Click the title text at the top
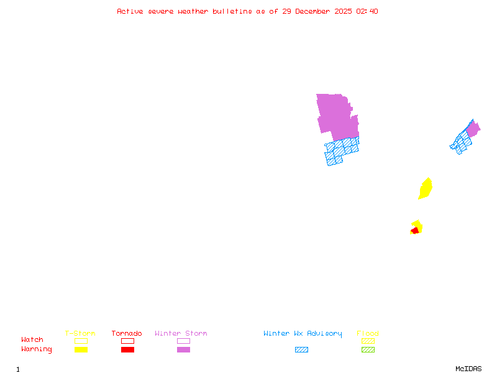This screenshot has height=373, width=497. pos(247,11)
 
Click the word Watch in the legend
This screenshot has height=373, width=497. pos(32,340)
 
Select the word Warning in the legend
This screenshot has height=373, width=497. pos(36,349)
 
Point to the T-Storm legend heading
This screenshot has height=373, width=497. pos(80,334)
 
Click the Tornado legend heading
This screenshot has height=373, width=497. pos(127,334)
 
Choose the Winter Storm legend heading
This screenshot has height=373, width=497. pos(181,334)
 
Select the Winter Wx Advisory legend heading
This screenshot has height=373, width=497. pos(303,334)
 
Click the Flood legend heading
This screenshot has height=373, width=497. pos(368,334)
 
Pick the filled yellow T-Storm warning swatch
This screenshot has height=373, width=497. pos(81,350)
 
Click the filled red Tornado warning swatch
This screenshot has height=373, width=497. pos(127,350)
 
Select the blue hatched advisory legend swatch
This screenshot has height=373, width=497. pos(301,350)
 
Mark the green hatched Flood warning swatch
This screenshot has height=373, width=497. pos(368,350)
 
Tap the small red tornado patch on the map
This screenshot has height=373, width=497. pos(414,231)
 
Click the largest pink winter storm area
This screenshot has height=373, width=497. pos(336,116)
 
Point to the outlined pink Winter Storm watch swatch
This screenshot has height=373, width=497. pos(183,341)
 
